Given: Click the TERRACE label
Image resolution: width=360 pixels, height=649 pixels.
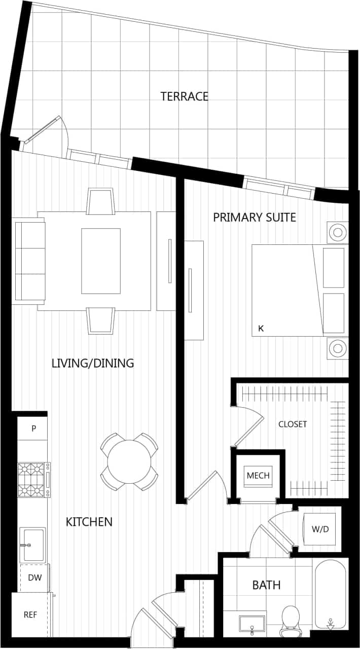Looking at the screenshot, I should point(184,96).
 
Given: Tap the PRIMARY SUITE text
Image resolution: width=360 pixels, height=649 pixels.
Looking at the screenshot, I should point(255,218).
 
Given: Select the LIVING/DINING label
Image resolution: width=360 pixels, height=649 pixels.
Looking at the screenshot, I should point(93,363).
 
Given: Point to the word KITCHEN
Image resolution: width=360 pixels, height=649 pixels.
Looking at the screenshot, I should point(89,522).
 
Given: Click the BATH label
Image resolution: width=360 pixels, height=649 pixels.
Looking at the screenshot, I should point(266,585).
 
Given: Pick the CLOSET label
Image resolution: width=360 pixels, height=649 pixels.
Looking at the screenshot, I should point(293,424).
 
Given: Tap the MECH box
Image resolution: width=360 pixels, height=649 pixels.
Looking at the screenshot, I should point(258,476).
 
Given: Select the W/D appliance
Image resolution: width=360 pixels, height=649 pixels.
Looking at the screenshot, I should point(320,529).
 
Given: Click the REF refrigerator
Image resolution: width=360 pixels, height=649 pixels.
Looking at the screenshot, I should point(30,615).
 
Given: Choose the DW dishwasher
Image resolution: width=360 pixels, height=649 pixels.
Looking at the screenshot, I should point(34,578).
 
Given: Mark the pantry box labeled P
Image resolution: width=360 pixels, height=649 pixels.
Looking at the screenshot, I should point(33,428).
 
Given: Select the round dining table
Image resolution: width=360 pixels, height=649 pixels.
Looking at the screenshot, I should point(129,462).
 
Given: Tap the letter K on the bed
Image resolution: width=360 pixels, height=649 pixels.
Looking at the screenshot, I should point(261,329).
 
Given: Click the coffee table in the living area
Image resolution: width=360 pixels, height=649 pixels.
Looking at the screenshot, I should point(101,261).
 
